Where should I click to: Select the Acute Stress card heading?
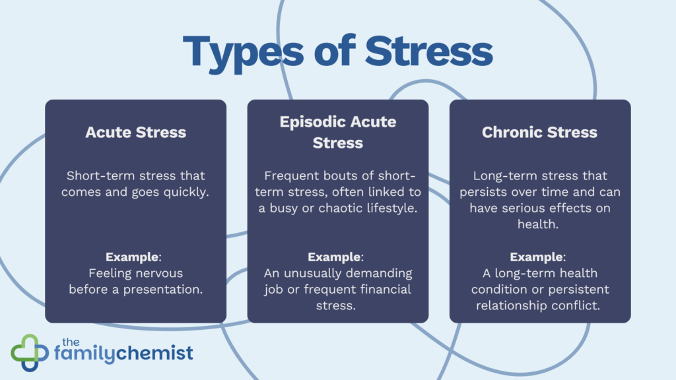pyautogui.click(x=135, y=132)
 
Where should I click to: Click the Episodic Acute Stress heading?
pyautogui.click(x=337, y=132)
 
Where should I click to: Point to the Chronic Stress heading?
pyautogui.click(x=539, y=132)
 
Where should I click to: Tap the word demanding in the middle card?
pyautogui.click(x=380, y=272)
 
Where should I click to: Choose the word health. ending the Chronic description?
pyautogui.click(x=540, y=224)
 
